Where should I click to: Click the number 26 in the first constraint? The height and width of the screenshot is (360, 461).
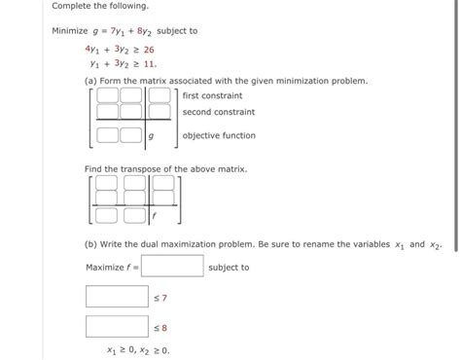coord(148,49)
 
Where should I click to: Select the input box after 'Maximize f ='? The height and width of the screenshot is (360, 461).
coord(172,267)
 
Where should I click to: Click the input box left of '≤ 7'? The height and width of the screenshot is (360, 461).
coord(116,296)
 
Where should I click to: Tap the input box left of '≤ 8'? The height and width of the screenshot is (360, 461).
coord(116,327)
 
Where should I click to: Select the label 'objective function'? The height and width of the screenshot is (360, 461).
coord(220,136)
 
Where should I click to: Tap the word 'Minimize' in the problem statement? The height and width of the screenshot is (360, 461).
coord(72,30)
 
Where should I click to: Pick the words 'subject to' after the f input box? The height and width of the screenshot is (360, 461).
coord(229,268)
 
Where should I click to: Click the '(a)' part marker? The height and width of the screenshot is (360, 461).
coord(92,81)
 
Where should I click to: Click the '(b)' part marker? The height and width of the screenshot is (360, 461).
coord(92,245)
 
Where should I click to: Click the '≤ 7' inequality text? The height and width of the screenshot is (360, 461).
coord(161,297)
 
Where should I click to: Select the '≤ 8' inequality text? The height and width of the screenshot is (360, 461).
coord(161,328)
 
